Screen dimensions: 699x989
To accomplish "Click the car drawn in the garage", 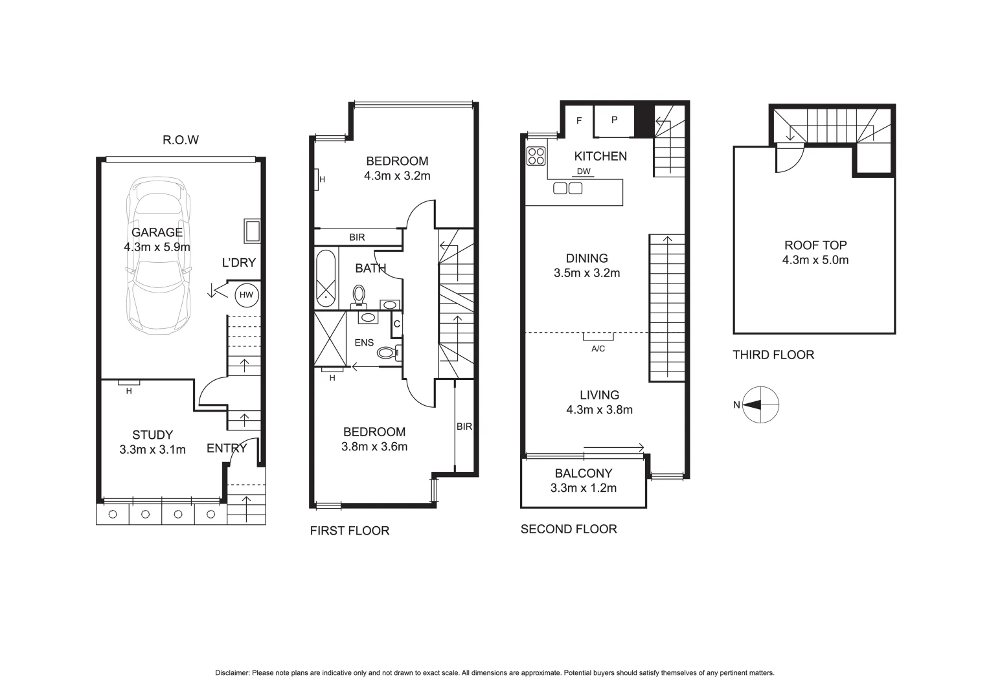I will [x=159, y=254].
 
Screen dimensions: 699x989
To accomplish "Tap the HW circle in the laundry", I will [x=246, y=295].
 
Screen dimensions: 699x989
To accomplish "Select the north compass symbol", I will [x=760, y=405].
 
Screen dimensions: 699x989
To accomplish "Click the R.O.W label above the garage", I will [x=181, y=140].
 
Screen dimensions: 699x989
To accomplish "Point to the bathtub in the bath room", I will [x=326, y=278].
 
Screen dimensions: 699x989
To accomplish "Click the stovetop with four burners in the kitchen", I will [x=536, y=156].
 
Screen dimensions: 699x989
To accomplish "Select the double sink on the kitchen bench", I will [x=568, y=188].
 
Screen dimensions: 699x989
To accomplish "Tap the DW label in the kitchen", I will [x=584, y=172].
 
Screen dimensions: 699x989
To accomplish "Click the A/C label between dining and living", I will [x=598, y=349].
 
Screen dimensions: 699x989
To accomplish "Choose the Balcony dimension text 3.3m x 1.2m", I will [x=583, y=488].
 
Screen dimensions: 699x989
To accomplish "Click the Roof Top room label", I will [x=815, y=245].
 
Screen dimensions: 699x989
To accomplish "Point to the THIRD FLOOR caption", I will [x=773, y=355].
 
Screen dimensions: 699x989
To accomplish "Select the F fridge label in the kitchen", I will [x=579, y=120].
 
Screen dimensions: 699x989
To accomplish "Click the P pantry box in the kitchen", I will [x=614, y=120].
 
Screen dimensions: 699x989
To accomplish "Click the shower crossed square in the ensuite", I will [x=330, y=338].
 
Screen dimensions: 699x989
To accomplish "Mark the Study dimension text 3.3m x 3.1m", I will [x=152, y=450].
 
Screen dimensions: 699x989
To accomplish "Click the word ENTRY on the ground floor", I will [x=227, y=449].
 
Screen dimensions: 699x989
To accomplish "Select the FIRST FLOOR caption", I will [x=350, y=531].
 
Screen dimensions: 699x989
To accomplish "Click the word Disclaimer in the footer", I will [x=232, y=673].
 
